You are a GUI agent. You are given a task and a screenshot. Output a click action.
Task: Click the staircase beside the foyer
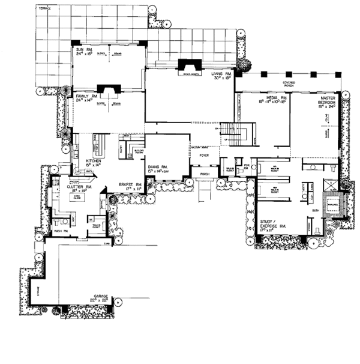229,133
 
